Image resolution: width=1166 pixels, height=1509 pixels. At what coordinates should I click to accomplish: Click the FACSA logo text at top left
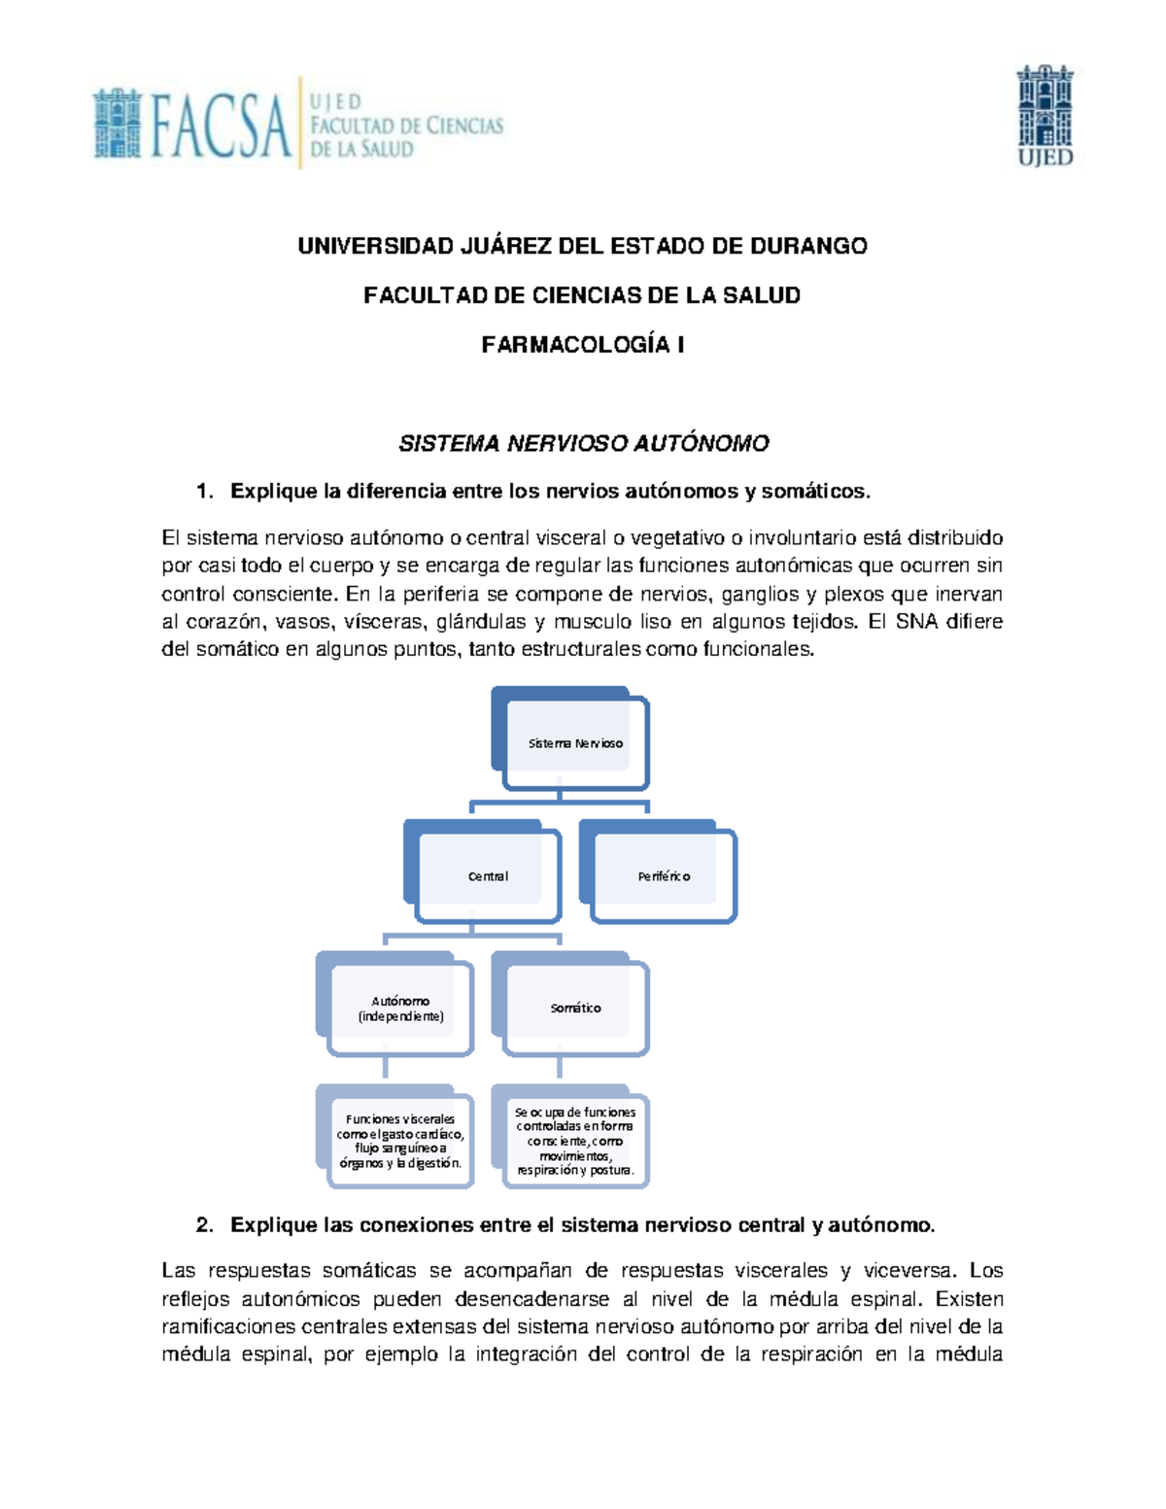(x=222, y=124)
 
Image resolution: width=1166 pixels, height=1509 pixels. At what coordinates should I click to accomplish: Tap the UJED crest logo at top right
(x=1045, y=116)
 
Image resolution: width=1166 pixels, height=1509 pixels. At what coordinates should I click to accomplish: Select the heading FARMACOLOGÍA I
(x=583, y=345)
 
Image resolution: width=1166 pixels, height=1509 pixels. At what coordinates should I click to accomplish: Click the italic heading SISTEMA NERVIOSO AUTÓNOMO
(x=583, y=444)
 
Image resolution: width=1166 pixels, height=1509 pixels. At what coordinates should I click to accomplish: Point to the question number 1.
(x=203, y=492)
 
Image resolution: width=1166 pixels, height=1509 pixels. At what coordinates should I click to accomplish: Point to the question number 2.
(x=203, y=1225)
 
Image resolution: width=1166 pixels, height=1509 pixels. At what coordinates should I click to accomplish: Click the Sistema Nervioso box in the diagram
(x=575, y=743)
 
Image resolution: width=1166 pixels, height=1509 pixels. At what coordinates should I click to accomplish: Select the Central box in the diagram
(x=488, y=876)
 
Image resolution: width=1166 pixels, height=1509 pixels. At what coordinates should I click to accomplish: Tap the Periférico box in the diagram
(x=664, y=876)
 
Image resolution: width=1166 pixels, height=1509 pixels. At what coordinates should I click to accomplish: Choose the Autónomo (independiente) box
(x=400, y=1009)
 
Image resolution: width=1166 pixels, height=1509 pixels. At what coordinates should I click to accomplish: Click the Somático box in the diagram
(x=575, y=1009)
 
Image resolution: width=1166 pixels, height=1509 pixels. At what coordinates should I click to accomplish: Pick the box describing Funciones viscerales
(x=400, y=1141)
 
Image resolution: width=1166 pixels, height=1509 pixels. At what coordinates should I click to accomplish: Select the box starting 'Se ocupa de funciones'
(x=575, y=1141)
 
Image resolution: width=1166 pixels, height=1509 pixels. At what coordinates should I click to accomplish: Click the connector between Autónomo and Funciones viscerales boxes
(x=386, y=1068)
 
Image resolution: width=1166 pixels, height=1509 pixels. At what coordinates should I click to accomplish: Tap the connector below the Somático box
(x=561, y=1068)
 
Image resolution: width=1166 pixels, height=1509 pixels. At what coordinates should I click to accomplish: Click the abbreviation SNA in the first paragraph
(x=916, y=622)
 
